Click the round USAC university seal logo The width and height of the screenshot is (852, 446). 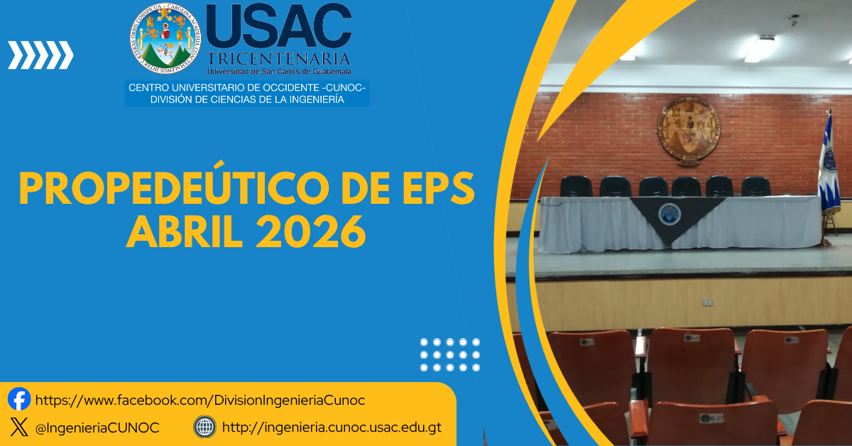point(165,40)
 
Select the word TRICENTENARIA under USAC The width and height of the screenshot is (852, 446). point(278,58)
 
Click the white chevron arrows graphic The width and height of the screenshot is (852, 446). point(40,55)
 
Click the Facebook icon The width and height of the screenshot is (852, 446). point(19,399)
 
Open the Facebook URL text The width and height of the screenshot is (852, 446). point(200,401)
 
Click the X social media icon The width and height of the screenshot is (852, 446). point(19,427)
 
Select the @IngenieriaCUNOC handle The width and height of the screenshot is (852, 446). point(97,428)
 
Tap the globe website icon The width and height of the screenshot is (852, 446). point(204,427)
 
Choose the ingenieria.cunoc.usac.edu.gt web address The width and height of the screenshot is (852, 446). point(332,428)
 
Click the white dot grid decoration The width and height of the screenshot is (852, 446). point(450,354)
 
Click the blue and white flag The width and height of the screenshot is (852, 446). point(828,167)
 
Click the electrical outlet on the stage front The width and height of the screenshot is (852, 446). point(707,303)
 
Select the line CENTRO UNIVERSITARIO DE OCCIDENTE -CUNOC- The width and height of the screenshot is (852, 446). point(246,88)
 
